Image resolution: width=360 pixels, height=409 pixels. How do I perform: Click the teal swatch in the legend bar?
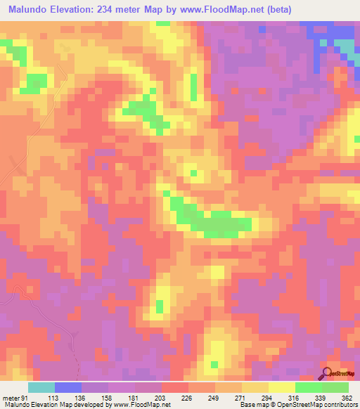[x=41, y=387]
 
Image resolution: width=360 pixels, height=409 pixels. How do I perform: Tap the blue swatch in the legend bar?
[x=68, y=387]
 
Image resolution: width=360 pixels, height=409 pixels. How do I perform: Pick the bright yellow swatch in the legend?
[x=282, y=387]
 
